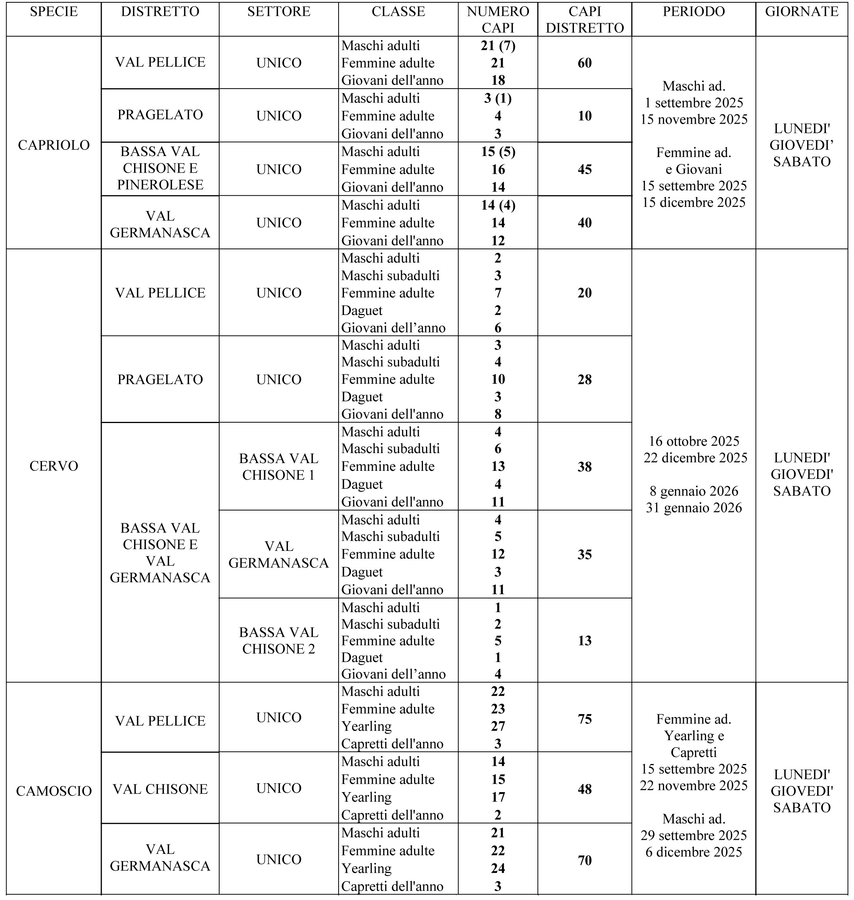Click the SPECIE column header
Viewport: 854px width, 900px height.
point(54,12)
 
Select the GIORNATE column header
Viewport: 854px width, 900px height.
point(801,12)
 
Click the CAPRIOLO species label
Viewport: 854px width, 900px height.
point(54,145)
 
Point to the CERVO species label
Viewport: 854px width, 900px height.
point(54,466)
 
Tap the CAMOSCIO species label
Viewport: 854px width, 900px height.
point(54,791)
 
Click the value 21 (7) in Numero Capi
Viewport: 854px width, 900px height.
point(498,45)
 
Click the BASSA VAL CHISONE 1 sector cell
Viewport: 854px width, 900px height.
point(279,467)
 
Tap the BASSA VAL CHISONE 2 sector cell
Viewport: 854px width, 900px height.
point(279,640)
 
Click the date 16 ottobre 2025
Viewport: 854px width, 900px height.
point(694,441)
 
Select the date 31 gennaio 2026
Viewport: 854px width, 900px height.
point(694,507)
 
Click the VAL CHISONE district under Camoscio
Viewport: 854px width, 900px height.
point(160,789)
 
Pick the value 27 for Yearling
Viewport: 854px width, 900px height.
point(498,726)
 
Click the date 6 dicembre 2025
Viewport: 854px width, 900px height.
point(694,852)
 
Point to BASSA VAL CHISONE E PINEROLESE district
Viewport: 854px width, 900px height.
point(160,168)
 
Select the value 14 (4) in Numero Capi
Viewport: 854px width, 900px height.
point(498,205)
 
